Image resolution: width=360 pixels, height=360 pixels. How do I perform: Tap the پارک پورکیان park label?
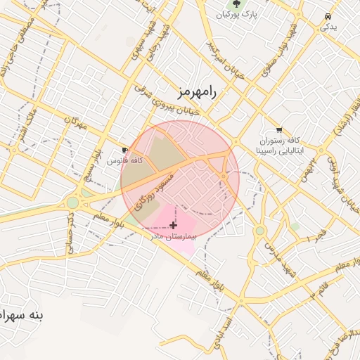(x=237, y=14)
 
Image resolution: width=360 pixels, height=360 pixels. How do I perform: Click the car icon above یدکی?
(x=328, y=16)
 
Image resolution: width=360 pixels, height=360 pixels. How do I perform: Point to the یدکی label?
(x=328, y=27)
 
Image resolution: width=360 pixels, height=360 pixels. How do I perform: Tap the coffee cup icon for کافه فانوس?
(x=125, y=150)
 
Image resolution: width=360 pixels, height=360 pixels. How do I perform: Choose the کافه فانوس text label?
(x=125, y=161)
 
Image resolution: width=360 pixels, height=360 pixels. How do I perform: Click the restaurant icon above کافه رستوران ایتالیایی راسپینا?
(x=279, y=130)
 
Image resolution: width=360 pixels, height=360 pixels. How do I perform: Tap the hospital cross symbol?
(x=174, y=225)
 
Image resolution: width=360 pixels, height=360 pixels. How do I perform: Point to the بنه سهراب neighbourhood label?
(x=22, y=315)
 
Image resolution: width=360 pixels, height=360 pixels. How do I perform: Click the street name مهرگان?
(x=74, y=124)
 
